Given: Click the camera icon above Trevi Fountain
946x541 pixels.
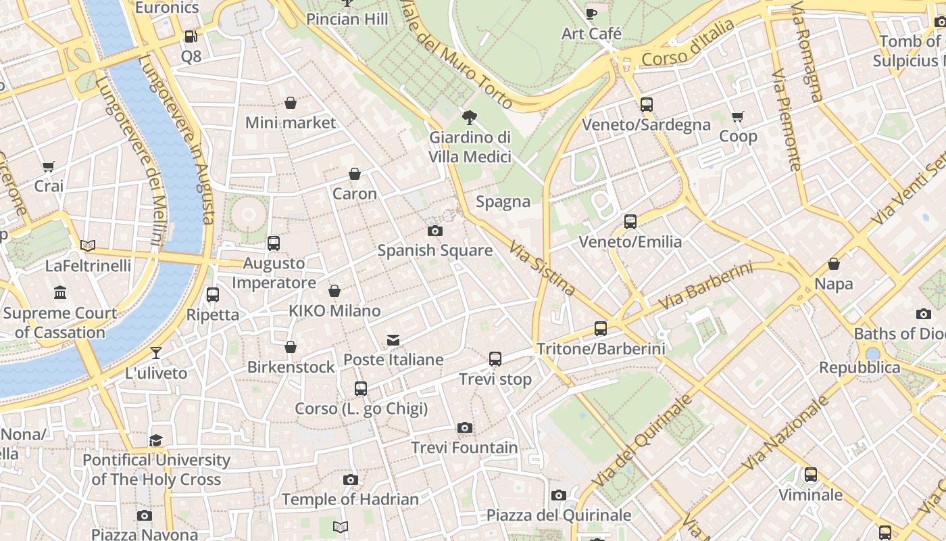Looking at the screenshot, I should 464,427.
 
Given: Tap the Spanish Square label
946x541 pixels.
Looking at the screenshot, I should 434,250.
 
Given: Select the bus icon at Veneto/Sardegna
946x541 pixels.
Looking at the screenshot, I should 647,105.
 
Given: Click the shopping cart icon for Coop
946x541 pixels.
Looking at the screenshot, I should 738,117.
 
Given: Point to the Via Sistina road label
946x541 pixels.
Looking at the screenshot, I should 543,268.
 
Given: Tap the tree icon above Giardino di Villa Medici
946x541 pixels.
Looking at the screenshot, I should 469,118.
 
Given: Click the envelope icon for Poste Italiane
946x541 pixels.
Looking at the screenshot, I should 393,340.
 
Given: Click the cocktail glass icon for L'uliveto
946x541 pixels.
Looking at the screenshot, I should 156,353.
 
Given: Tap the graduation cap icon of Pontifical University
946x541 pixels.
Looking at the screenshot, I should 156,440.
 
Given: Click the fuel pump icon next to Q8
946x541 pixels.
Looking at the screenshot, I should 191,37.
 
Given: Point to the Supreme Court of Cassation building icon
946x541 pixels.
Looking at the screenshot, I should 60,293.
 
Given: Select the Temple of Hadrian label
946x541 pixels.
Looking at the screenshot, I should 350,500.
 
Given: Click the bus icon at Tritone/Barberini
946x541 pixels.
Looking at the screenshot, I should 601,329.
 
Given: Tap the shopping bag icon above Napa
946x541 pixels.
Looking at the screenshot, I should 834,264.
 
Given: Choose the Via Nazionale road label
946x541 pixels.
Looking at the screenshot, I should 785,433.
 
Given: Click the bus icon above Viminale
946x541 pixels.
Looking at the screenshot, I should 810,475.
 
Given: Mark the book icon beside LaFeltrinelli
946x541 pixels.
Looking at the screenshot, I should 88,245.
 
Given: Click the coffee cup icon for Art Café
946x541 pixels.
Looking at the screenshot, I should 591,14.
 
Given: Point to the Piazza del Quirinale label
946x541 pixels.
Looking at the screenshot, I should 559,515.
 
